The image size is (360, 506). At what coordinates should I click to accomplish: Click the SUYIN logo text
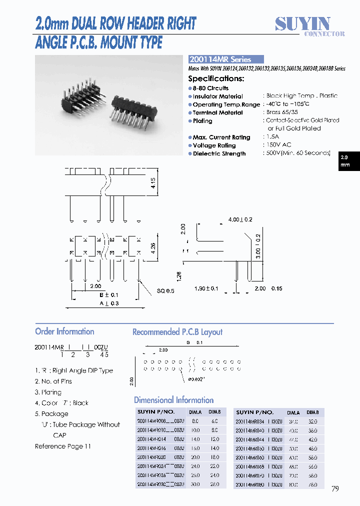tap(303, 23)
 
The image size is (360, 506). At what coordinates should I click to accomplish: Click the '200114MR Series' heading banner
tap(219, 59)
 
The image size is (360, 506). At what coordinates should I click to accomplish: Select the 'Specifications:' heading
tap(216, 78)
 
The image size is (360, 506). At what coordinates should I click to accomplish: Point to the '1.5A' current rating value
tap(272, 137)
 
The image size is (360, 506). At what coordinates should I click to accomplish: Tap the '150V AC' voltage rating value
tap(279, 145)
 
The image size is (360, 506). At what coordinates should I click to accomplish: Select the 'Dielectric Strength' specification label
tap(219, 153)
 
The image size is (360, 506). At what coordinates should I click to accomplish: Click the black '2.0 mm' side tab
tap(345, 161)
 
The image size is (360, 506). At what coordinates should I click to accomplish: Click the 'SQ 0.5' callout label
tap(165, 291)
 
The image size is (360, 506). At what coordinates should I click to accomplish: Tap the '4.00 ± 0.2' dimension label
tap(240, 219)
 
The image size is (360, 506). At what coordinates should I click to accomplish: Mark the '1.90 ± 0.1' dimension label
tap(206, 288)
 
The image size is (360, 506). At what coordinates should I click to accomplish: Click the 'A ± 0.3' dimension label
tap(108, 303)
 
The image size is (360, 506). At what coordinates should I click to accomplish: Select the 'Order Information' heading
tap(64, 331)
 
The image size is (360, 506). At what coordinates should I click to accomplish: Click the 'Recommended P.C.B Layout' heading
tap(177, 332)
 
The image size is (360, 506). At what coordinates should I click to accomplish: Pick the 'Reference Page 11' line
tap(63, 446)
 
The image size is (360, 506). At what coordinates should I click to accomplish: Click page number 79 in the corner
tap(335, 488)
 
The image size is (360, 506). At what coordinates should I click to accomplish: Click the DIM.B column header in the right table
tap(312, 412)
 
